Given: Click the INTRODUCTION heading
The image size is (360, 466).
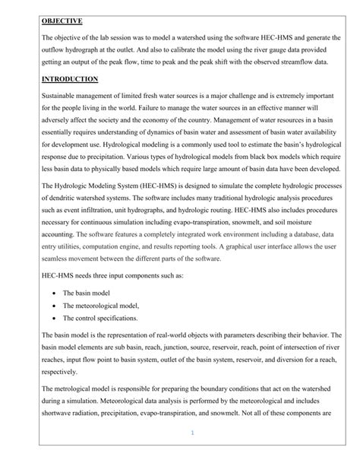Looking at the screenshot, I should [71, 78].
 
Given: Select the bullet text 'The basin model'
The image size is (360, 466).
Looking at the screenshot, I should [88, 292].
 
